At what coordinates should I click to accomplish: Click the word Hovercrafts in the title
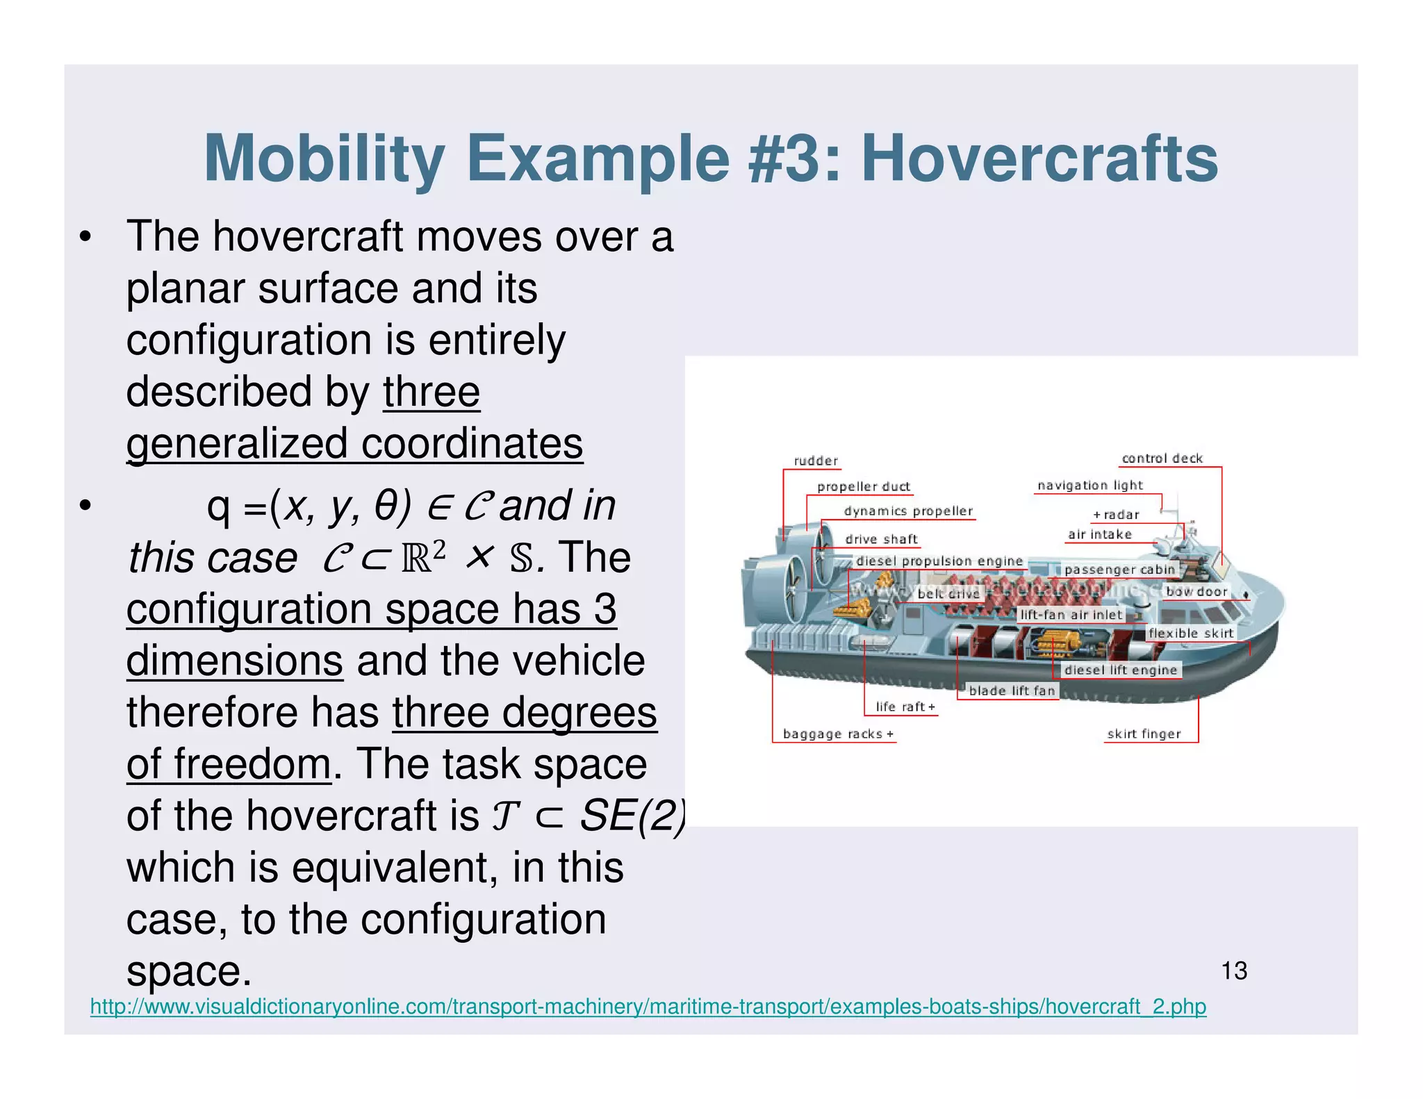(x=1039, y=158)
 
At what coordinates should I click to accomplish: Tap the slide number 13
(x=1234, y=970)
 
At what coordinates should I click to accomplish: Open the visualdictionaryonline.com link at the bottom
(x=648, y=1006)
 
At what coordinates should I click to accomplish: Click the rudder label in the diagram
(x=816, y=461)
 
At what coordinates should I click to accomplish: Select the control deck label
(x=1162, y=458)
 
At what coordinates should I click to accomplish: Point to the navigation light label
(x=1089, y=486)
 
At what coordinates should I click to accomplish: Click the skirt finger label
(x=1144, y=734)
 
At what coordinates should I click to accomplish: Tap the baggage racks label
(x=837, y=734)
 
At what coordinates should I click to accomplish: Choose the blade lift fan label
(x=1012, y=691)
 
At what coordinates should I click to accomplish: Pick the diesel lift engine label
(x=1121, y=670)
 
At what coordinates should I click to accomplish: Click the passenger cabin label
(x=1119, y=570)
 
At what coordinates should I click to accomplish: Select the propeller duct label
(x=863, y=486)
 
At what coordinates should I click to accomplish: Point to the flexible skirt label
(x=1190, y=633)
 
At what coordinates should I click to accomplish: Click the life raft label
(x=905, y=706)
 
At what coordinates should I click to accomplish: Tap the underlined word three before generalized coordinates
(x=431, y=392)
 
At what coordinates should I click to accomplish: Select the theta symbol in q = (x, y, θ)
(x=386, y=506)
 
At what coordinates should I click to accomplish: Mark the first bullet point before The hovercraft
(x=85, y=237)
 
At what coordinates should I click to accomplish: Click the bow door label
(x=1196, y=591)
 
